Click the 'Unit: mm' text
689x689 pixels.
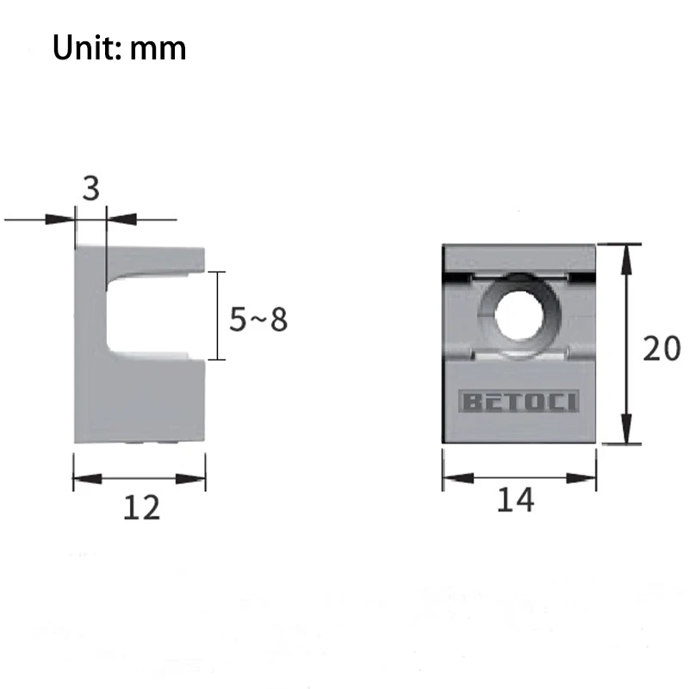pyautogui.click(x=119, y=47)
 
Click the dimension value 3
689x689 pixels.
pyautogui.click(x=91, y=189)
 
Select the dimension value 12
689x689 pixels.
pyautogui.click(x=141, y=507)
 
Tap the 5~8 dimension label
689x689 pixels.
pyautogui.click(x=258, y=319)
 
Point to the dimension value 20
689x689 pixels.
pyautogui.click(x=661, y=349)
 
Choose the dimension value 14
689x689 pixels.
pyautogui.click(x=515, y=500)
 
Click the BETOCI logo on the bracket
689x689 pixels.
pyautogui.click(x=518, y=401)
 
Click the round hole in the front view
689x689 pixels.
pyautogui.click(x=518, y=314)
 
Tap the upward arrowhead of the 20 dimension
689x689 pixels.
pyautogui.click(x=627, y=259)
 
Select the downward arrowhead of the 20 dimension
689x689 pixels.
pyautogui.click(x=627, y=428)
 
